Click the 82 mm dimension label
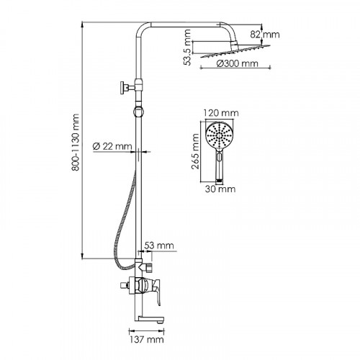coord(265,35)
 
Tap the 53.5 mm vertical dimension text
coord(187,48)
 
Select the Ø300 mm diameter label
coord(237,63)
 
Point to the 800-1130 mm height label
coord(76,143)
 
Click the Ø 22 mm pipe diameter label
coord(112,146)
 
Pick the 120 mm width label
coord(221,113)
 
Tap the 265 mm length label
coord(196,151)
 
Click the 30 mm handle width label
coord(220,189)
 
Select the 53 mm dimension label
coord(159,246)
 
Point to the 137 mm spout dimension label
coord(147,340)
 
